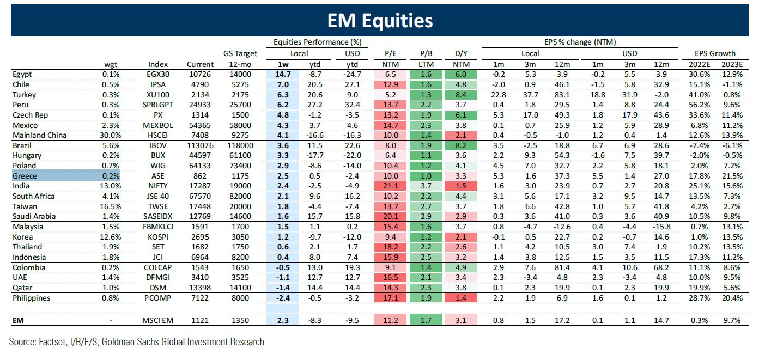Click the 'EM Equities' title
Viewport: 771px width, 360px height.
380,20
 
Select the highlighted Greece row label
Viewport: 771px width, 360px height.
25,176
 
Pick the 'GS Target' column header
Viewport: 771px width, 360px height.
240,53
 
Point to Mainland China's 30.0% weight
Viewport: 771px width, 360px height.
110,135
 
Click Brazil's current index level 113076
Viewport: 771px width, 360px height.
199,145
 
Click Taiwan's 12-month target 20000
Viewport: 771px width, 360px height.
240,206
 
